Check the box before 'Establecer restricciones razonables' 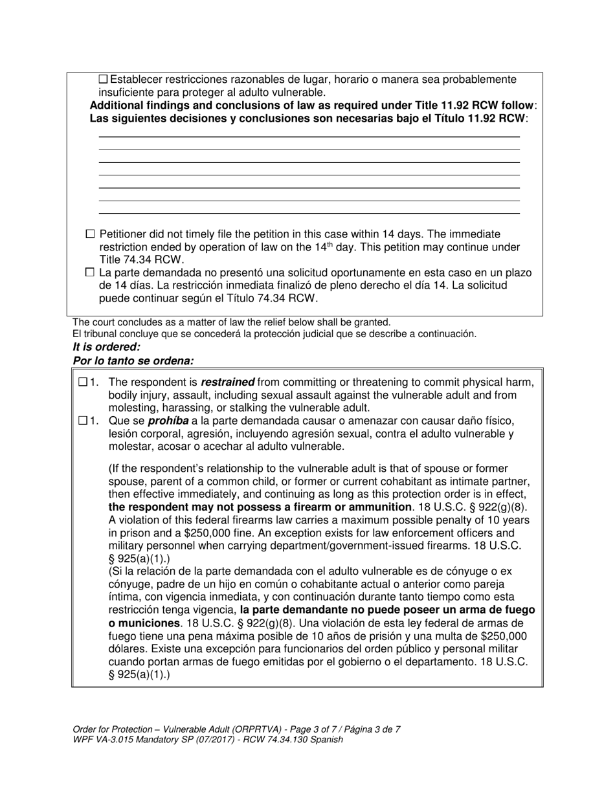[103, 80]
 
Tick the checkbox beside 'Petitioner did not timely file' [90, 234]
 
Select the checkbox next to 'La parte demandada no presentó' [90, 272]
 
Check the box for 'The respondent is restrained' [82, 382]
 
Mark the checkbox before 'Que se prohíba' [82, 421]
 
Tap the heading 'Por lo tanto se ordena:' [133, 360]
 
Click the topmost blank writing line [309, 137]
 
